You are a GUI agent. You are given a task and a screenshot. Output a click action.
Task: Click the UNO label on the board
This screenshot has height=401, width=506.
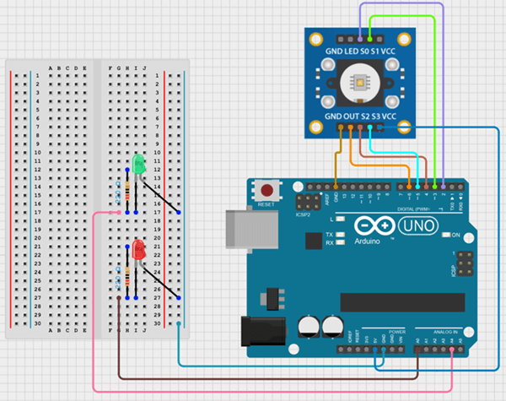pyautogui.click(x=419, y=226)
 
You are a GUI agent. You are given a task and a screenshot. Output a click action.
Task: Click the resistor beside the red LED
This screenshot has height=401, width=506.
pyautogui.click(x=127, y=276)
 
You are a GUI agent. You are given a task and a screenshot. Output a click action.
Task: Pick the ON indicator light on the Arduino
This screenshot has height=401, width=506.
pyautogui.click(x=446, y=234)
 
